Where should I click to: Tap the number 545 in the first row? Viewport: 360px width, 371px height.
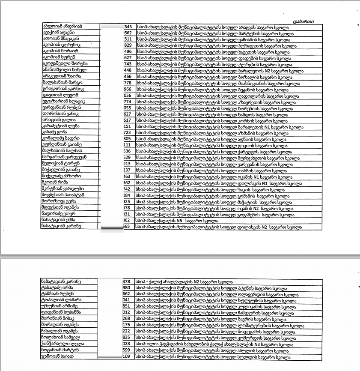128,27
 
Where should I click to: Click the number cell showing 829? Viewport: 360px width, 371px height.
128,45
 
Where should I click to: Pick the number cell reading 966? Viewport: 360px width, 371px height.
128,89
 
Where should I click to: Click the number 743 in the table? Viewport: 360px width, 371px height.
128,64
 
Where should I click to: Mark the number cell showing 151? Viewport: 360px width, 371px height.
127,127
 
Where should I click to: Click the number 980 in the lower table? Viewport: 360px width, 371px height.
127,288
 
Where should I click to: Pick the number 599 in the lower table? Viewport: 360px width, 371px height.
127,350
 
